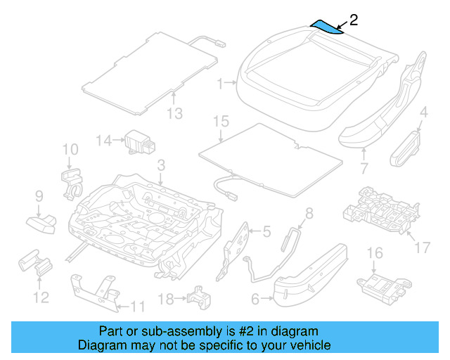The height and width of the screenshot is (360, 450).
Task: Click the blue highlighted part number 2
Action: [328, 26]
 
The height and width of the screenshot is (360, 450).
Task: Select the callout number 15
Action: [221, 122]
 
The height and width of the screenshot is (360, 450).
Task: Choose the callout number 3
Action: [161, 165]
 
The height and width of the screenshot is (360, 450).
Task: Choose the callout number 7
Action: [364, 169]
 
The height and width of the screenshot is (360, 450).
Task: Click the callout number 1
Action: [220, 84]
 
